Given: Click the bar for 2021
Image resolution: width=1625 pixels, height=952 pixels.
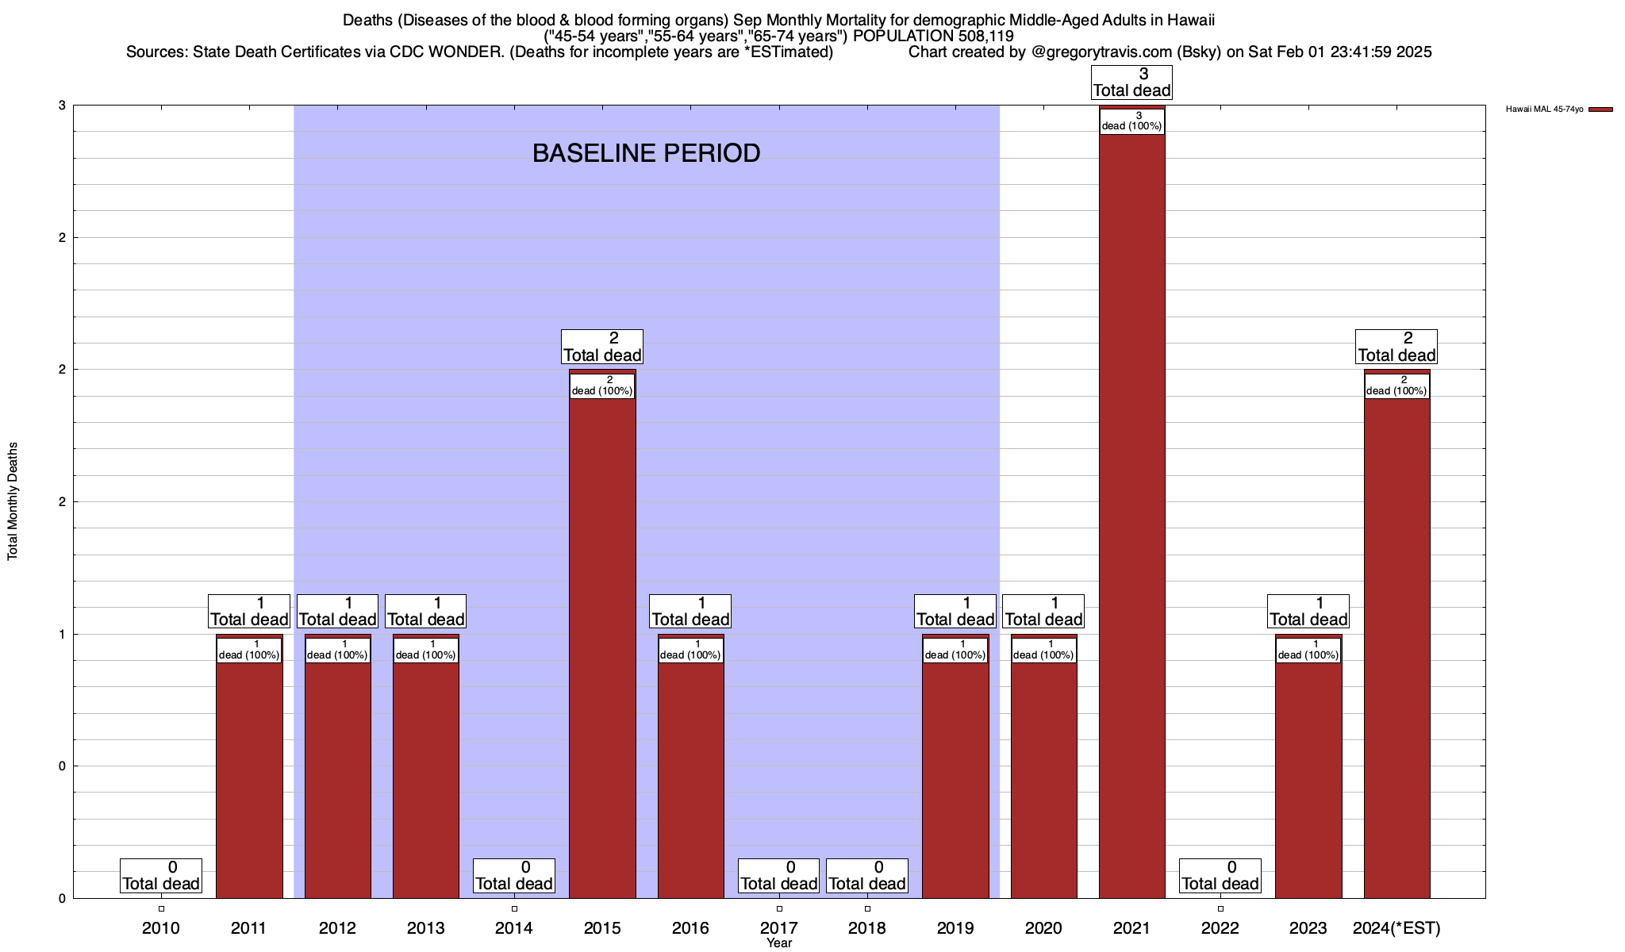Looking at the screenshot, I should point(1131,516).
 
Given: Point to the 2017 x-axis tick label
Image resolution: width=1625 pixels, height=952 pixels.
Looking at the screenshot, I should point(779,927).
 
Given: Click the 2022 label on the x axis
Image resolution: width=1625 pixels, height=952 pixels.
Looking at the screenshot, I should point(1220,927).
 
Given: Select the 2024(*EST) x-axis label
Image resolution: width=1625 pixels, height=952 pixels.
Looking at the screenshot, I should point(1396,927).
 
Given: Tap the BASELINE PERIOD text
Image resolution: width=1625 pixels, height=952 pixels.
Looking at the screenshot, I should point(646,153).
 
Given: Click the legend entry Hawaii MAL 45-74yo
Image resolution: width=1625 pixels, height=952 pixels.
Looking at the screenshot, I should point(1544,109).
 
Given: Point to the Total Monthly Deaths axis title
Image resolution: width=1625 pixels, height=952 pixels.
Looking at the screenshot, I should point(13,501).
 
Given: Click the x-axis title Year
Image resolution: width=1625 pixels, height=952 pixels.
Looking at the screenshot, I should point(779,943).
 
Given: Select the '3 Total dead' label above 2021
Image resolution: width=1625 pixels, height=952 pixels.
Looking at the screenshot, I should point(1131,83).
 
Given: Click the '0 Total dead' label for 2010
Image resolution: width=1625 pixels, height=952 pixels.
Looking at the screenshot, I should point(161,876).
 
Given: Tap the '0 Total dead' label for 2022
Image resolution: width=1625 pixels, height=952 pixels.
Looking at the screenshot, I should point(1220,876).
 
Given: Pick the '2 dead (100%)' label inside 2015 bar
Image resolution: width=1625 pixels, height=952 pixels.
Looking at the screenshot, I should point(602,386).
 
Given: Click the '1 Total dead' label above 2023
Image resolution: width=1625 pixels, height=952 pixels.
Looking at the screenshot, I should point(1308,612).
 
